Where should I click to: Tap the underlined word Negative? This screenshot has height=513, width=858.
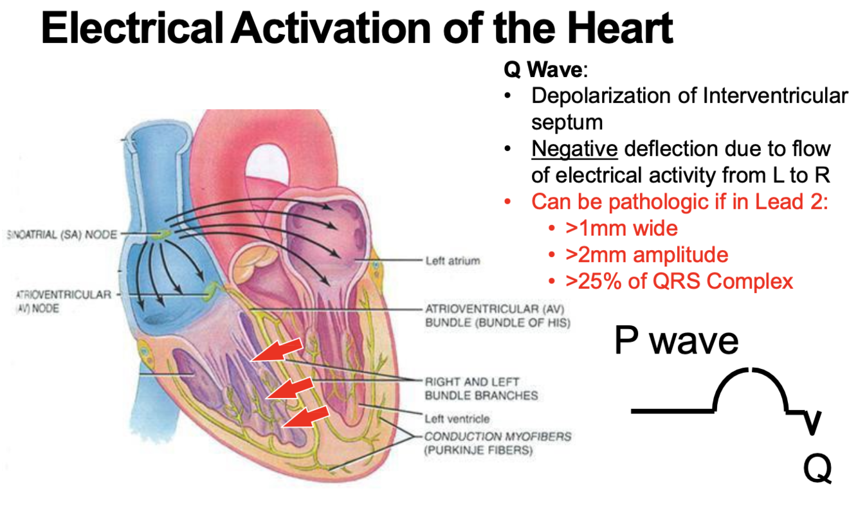coord(574,149)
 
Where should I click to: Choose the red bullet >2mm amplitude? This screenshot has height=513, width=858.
coord(646,255)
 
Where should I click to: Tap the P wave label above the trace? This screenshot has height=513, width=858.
coord(676,341)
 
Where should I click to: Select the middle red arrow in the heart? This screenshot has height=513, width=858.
coord(290,386)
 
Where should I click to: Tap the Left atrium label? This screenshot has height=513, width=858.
coord(452,261)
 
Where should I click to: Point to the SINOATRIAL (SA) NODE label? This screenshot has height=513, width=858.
coord(61,235)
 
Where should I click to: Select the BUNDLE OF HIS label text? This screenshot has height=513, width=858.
coord(497,321)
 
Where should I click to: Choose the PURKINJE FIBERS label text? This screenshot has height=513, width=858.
coord(479,451)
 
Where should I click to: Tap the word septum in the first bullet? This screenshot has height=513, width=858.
coord(567,122)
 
